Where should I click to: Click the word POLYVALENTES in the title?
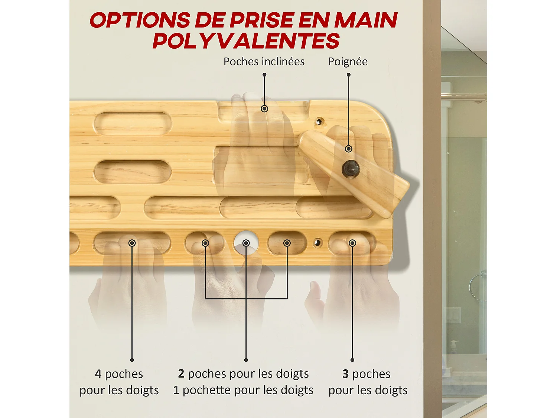(x=246, y=41)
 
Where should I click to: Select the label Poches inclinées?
(x=264, y=62)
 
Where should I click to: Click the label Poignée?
(x=348, y=62)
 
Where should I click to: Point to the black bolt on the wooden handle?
(x=350, y=169)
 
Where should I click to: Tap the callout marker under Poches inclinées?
(x=264, y=109)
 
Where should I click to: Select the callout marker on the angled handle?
(x=348, y=149)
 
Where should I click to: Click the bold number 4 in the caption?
(x=98, y=374)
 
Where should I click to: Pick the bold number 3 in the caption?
(x=345, y=374)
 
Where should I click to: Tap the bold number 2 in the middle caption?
(x=181, y=374)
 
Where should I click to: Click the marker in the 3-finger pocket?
(x=352, y=243)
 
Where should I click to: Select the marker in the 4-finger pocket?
(x=132, y=243)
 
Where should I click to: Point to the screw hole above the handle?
(x=319, y=121)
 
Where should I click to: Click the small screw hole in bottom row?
(x=317, y=243)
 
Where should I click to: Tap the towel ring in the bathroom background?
(x=478, y=286)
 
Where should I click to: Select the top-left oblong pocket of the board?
(x=132, y=123)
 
